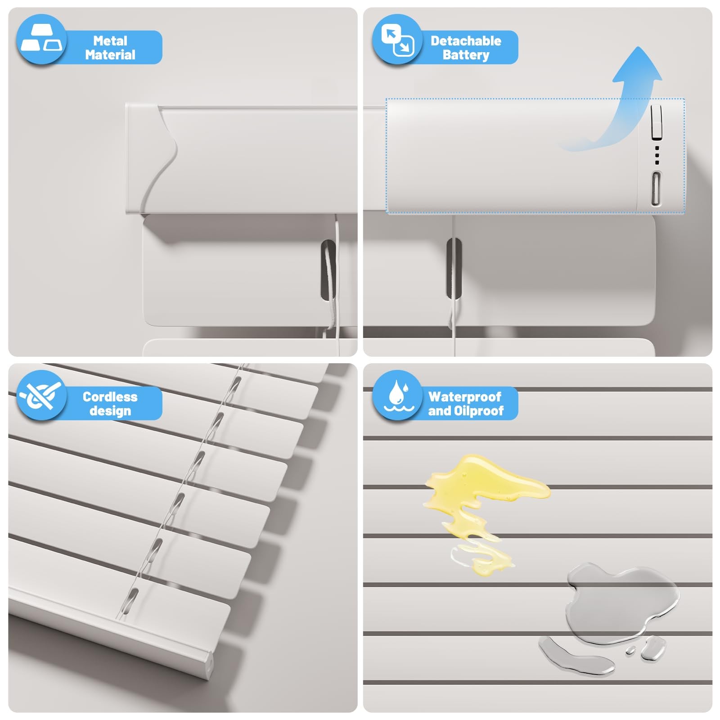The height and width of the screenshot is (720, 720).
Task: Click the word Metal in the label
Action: coord(110,40)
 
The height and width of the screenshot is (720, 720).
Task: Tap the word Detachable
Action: coord(466,40)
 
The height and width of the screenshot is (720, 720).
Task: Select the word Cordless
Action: coord(110,396)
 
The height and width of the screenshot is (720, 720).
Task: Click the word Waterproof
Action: coord(465,396)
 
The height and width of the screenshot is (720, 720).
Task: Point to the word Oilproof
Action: coord(479,410)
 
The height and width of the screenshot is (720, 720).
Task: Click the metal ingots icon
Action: coord(41,39)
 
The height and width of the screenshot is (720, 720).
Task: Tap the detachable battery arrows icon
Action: coord(397,40)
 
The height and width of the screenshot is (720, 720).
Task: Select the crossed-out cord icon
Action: coord(40,395)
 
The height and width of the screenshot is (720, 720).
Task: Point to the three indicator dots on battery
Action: coord(657,155)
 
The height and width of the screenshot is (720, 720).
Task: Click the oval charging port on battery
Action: coord(656,189)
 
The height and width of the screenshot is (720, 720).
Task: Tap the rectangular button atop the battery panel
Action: coord(657,122)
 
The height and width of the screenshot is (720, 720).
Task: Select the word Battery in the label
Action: coord(466,55)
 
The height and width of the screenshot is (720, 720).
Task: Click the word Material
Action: coord(110,55)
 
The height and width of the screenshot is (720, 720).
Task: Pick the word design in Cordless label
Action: coord(110,411)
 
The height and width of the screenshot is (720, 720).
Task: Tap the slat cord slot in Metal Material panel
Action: coord(328,270)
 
